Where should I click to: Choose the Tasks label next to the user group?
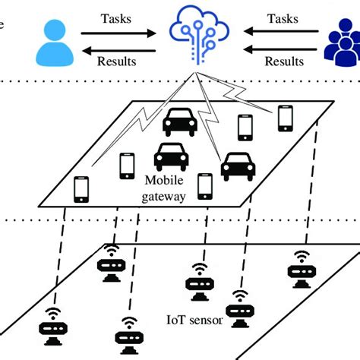pyautogui.click(x=282, y=16)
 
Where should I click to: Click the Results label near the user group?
pyautogui.click(x=283, y=62)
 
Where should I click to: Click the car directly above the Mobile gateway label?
pyautogui.click(x=171, y=156)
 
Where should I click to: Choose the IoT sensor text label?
pyautogui.click(x=194, y=321)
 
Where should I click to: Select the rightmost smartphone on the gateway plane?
pyautogui.click(x=285, y=117)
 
